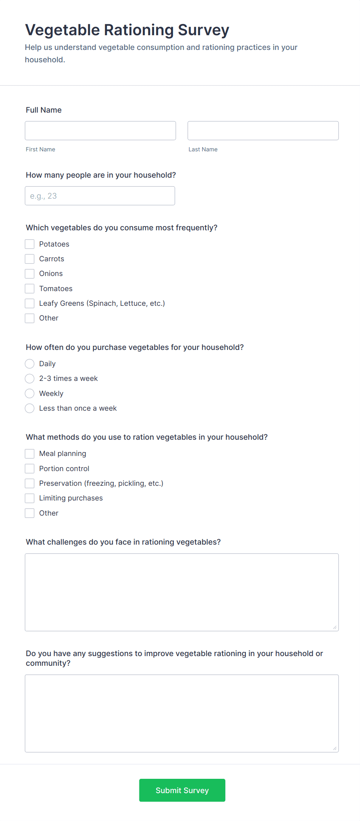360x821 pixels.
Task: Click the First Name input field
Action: click(100, 131)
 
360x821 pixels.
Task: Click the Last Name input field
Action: click(263, 131)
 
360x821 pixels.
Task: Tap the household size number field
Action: click(100, 196)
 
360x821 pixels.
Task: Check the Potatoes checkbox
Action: click(30, 244)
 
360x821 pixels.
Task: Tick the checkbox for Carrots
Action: click(30, 259)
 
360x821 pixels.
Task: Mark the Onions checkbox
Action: click(30, 274)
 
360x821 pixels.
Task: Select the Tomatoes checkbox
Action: click(30, 288)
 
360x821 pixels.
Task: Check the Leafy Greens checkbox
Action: click(30, 303)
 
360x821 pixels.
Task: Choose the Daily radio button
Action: click(30, 364)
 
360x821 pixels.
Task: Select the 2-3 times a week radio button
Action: click(30, 379)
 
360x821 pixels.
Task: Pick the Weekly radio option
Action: click(30, 394)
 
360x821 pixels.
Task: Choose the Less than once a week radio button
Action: click(30, 408)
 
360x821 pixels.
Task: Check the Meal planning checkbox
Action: click(30, 454)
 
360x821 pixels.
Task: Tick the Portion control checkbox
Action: click(30, 469)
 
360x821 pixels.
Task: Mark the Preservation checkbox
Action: click(30, 483)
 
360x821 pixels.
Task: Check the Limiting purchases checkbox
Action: click(30, 498)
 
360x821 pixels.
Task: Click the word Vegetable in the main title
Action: click(62, 30)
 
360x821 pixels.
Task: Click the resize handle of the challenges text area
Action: click(334, 627)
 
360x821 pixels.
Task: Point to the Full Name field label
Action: click(44, 110)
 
